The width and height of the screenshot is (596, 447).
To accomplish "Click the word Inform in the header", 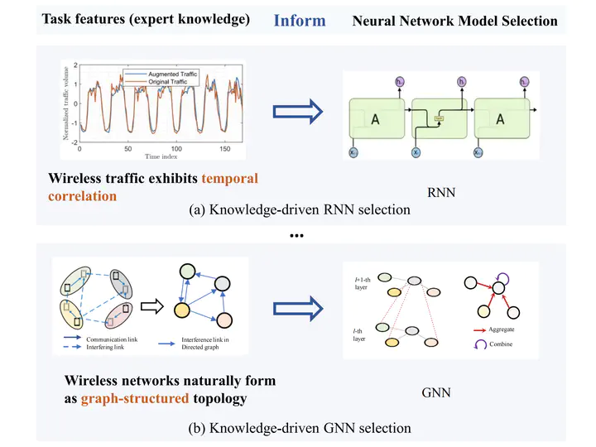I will point(300,20).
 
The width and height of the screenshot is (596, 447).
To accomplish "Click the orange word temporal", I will point(225,178).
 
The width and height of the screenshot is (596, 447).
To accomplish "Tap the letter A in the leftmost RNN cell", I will point(375,119).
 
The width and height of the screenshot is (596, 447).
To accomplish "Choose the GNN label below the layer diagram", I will point(435,392).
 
